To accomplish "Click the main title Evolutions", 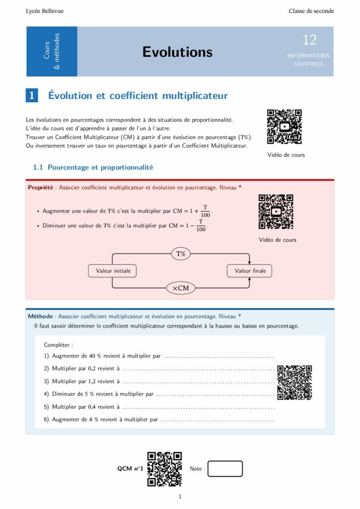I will coord(177,52).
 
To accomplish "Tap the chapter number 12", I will coord(309,40).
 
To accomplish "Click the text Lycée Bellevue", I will coord(45,11).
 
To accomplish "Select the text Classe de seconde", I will coord(311,11).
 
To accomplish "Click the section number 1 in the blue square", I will coord(32,96).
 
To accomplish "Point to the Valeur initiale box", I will coord(113,271).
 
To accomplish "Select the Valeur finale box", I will coord(250,271).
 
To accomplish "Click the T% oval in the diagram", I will coord(181,254).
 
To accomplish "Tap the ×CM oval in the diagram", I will coord(181,288).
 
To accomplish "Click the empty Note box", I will coord(225,469).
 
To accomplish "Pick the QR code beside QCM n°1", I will coord(165,469).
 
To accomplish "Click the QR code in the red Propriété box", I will coord(276,212).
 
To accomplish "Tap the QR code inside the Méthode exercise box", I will coord(294,382).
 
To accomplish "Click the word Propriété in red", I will coord(40,187).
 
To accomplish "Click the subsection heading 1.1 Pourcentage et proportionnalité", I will coord(93,168).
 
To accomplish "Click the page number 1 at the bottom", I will coord(180,497).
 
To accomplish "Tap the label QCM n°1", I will coord(130,469).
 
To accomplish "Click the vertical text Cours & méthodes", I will coord(52,52).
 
